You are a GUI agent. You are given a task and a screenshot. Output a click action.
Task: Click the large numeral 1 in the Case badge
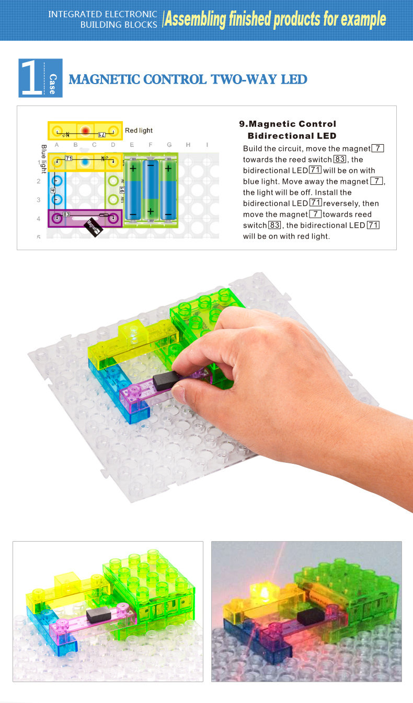pyautogui.click(x=31, y=77)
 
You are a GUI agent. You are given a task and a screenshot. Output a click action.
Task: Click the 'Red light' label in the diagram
pyautogui.click(x=139, y=130)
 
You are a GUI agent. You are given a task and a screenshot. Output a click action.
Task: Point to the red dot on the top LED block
pyautogui.click(x=85, y=130)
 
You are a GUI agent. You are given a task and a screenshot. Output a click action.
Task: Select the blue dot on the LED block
pyautogui.click(x=85, y=162)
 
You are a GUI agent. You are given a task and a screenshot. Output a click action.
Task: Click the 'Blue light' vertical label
pyautogui.click(x=44, y=159)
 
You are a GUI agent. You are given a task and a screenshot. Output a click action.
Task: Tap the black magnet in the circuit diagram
pyautogui.click(x=93, y=227)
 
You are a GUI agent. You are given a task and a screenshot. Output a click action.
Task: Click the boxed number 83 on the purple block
pyautogui.click(x=66, y=214)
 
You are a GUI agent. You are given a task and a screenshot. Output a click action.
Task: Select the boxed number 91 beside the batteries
pyautogui.click(x=122, y=190)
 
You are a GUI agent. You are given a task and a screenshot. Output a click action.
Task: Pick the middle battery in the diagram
pyautogui.click(x=151, y=190)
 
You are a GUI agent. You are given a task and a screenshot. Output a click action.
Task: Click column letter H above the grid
pyautogui.click(x=188, y=145)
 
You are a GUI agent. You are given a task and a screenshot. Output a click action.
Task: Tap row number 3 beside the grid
pyautogui.click(x=39, y=200)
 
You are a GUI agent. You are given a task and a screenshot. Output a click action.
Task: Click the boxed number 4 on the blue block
pyautogui.click(x=53, y=191)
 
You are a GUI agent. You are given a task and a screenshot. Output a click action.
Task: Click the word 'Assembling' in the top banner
pyautogui.click(x=196, y=19)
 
